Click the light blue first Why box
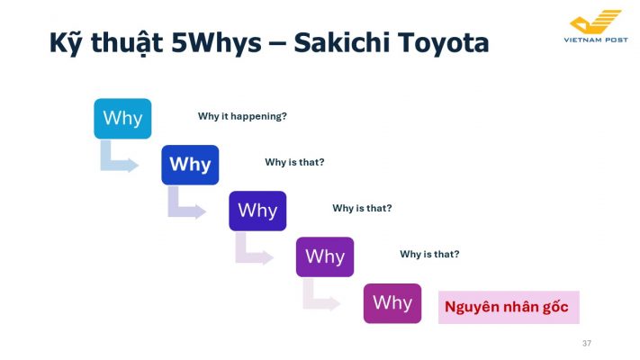122,119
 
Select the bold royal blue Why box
190,165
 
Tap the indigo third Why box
257,211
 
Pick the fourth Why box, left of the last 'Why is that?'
325,257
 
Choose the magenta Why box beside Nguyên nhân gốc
392,303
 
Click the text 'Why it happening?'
242,116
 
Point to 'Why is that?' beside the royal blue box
294,162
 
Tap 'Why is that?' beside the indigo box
362,208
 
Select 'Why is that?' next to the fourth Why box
429,255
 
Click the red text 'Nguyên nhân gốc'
507,307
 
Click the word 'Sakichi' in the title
342,42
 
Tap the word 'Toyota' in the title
444,43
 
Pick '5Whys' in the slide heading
216,43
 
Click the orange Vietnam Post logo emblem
596,22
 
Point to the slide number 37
587,343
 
